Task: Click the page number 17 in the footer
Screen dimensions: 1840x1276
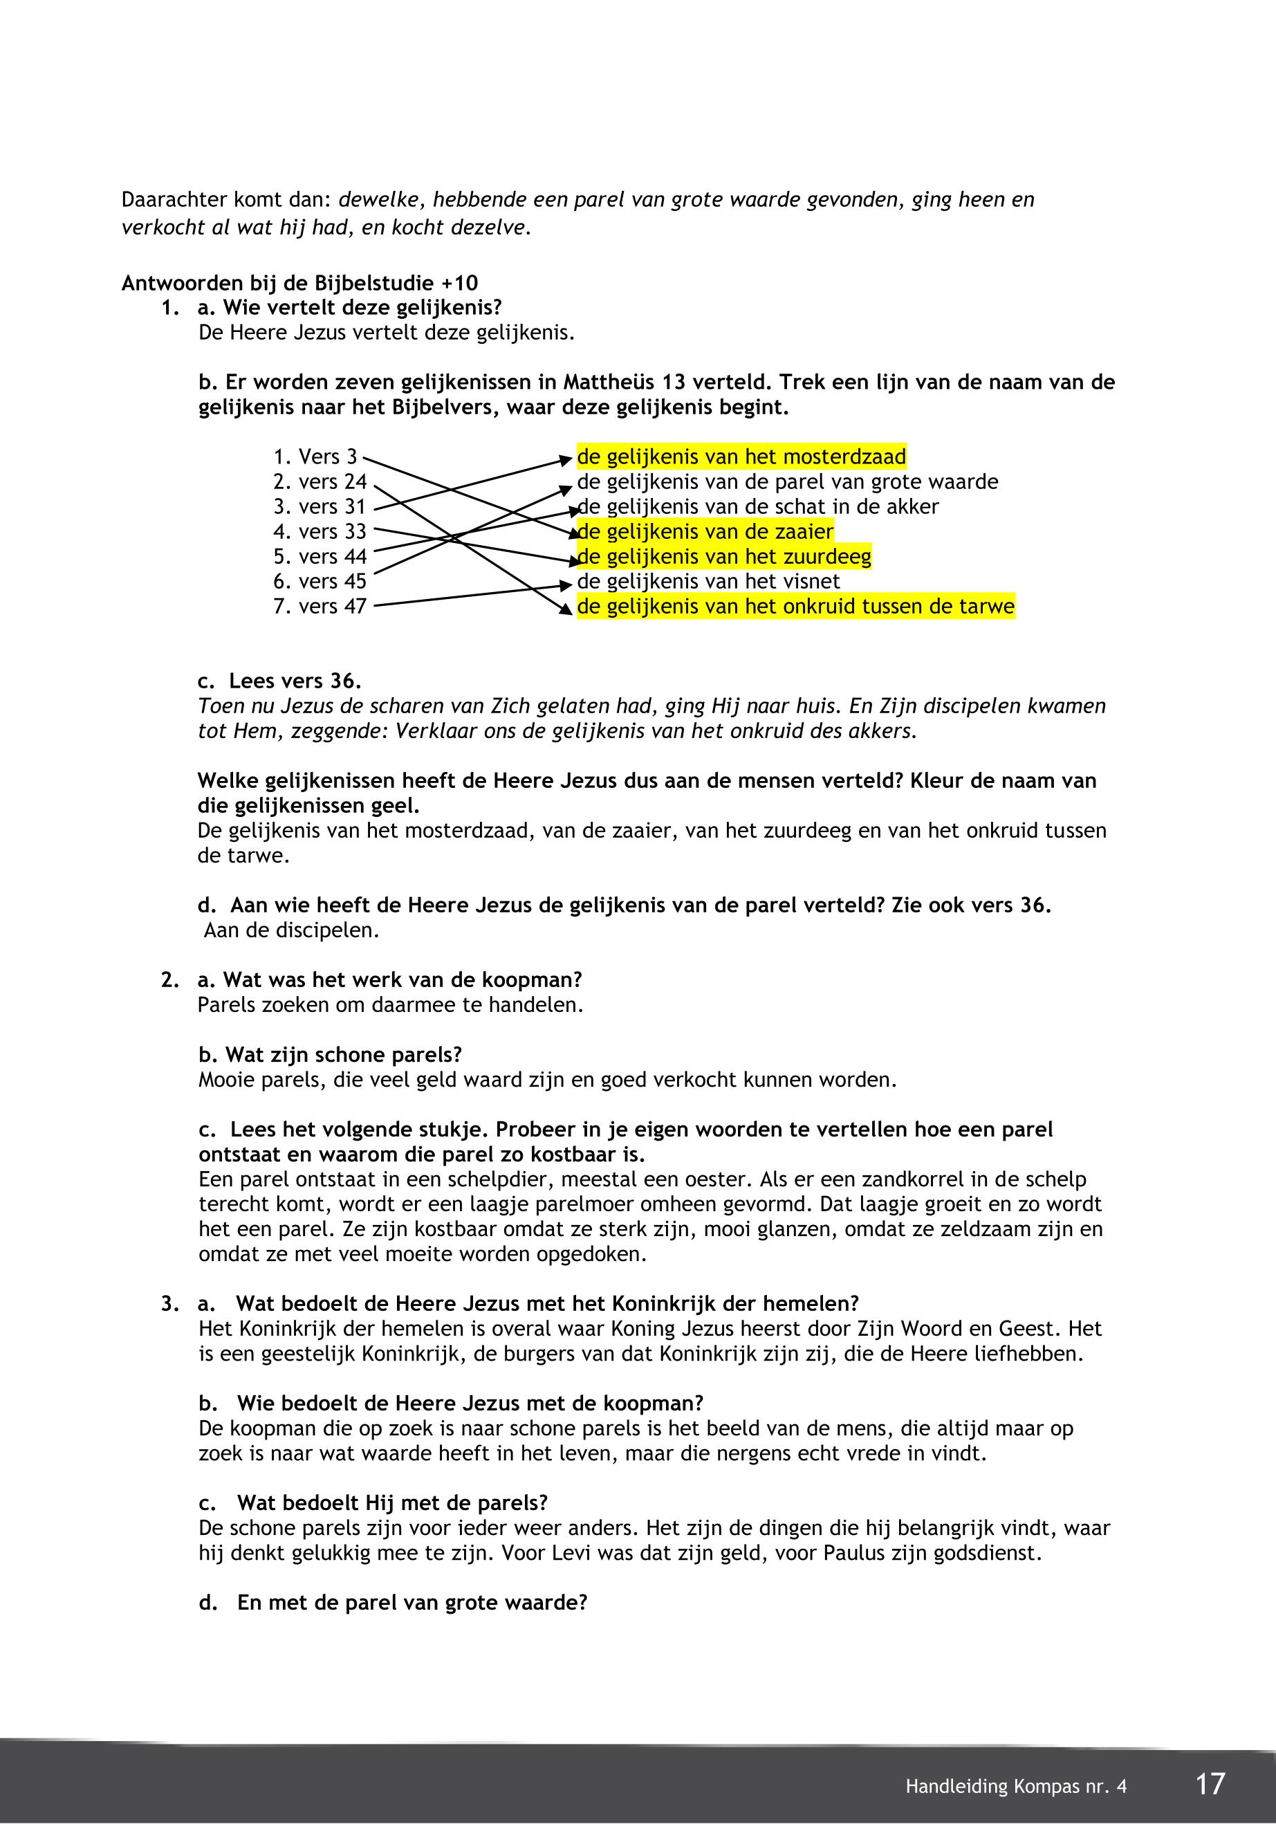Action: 1210,1784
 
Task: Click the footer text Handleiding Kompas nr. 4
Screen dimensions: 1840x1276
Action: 1015,1787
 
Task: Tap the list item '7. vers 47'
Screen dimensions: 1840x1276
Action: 320,606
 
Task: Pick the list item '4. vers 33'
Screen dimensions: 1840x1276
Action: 320,532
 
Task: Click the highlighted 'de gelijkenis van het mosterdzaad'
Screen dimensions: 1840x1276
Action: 741,457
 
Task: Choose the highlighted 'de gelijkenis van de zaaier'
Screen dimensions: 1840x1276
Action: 705,532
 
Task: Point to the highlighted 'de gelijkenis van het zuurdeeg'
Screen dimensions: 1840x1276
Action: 723,557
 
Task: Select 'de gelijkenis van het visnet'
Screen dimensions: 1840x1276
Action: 708,581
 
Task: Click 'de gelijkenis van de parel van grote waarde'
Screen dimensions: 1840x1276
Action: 788,482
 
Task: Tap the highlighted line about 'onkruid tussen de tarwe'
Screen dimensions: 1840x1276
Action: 795,607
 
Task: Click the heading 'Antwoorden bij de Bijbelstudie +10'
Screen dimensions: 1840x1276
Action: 300,283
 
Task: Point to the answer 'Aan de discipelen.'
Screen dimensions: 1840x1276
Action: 291,931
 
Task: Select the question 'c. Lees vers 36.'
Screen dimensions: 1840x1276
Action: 280,681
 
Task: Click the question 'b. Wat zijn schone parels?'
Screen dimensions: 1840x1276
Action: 330,1055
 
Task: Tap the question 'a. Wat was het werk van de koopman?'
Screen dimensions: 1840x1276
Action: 390,979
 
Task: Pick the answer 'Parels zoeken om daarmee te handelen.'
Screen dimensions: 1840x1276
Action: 390,1005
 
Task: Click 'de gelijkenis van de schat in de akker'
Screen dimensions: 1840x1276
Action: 758,507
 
